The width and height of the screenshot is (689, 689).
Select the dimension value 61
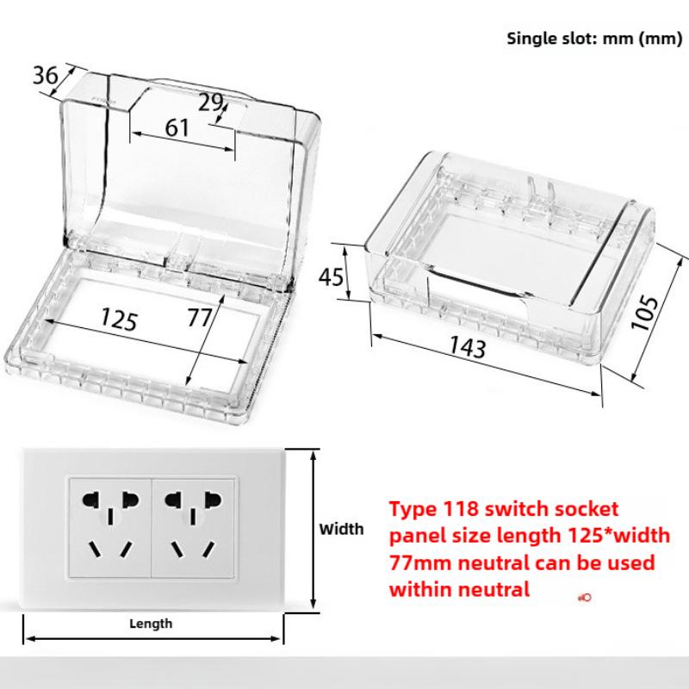[x=177, y=127]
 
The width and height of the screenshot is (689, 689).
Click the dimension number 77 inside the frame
[x=200, y=318]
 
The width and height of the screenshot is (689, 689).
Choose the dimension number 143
[x=467, y=348]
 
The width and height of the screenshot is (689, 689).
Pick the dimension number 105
[x=645, y=312]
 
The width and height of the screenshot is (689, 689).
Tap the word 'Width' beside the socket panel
[x=341, y=529]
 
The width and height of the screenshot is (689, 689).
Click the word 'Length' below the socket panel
[x=151, y=623]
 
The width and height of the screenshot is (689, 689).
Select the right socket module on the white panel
[x=190, y=527]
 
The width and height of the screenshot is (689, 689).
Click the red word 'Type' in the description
[x=409, y=508]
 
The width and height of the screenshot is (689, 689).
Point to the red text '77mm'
[x=417, y=563]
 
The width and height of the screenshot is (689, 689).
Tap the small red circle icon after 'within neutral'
[x=585, y=596]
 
